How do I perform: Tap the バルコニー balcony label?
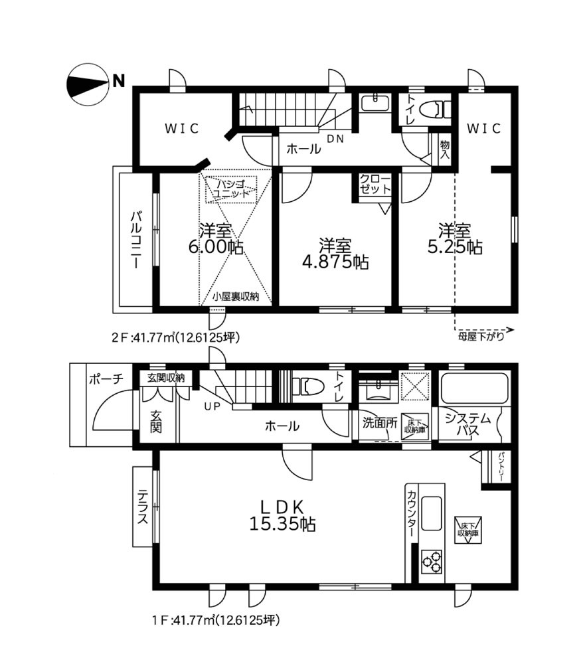click(135, 240)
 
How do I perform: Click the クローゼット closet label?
click(375, 185)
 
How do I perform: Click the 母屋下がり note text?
click(481, 337)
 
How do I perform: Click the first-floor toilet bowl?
click(309, 386)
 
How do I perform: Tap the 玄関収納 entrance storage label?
click(165, 378)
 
